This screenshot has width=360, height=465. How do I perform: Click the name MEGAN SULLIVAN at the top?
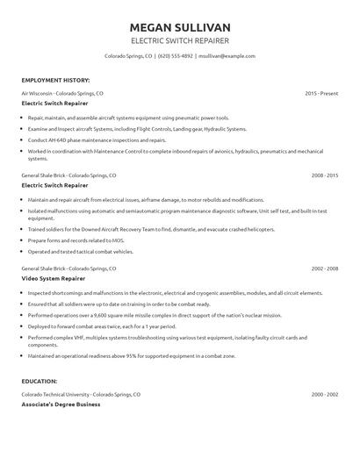(x=180, y=26)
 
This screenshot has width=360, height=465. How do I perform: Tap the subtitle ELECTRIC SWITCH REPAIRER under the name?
(x=180, y=40)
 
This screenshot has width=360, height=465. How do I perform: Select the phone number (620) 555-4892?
(x=176, y=55)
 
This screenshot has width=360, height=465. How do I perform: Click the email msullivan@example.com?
(x=226, y=55)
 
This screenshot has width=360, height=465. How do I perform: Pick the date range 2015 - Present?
(x=321, y=92)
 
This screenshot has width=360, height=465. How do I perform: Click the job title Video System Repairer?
(x=55, y=278)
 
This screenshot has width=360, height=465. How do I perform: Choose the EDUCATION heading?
(x=40, y=382)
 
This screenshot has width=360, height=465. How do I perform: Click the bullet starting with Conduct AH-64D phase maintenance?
(x=97, y=139)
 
